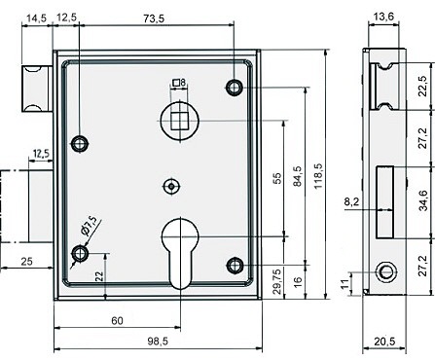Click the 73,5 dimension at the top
154,18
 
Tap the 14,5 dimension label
36,18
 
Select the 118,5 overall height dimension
318,175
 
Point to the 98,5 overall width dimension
158,342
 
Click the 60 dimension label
117,320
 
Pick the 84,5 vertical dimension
297,175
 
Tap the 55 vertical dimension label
276,178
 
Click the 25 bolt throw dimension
26,261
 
